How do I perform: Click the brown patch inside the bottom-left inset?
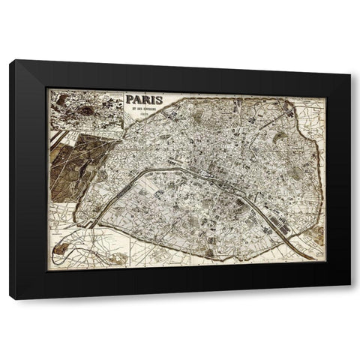[116, 259]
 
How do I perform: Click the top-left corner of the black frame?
[10, 62]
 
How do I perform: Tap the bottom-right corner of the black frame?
[350, 298]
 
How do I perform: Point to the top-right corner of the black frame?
[350, 62]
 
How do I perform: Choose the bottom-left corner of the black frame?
[10, 298]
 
